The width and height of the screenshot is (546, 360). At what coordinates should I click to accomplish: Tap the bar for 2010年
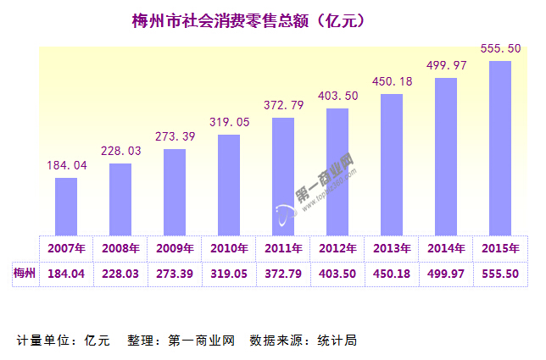tap(229, 185)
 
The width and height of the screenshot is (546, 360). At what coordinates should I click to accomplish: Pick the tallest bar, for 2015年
tap(500, 147)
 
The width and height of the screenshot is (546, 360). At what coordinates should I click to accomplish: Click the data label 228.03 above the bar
tap(120, 151)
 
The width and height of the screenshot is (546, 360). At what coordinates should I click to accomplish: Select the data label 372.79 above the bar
tap(283, 105)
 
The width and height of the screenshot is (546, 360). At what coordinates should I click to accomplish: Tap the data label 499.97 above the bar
tap(446, 66)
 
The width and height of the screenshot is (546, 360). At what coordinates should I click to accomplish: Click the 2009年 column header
tap(175, 249)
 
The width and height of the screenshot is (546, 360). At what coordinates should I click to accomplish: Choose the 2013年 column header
tap(392, 249)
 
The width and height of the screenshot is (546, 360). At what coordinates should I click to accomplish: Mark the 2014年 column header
tap(446, 249)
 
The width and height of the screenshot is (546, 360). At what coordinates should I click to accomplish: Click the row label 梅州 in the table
tap(25, 274)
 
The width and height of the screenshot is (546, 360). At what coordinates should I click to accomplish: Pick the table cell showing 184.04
tap(66, 274)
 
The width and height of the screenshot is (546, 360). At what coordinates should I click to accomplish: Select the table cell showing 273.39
tap(175, 274)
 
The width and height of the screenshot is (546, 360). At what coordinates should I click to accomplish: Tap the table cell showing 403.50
tap(337, 274)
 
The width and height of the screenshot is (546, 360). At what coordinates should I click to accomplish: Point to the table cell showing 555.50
tap(500, 274)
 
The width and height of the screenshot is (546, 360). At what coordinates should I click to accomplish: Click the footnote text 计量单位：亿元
tap(64, 341)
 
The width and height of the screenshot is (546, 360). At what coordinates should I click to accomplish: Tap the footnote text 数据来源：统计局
tap(303, 341)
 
